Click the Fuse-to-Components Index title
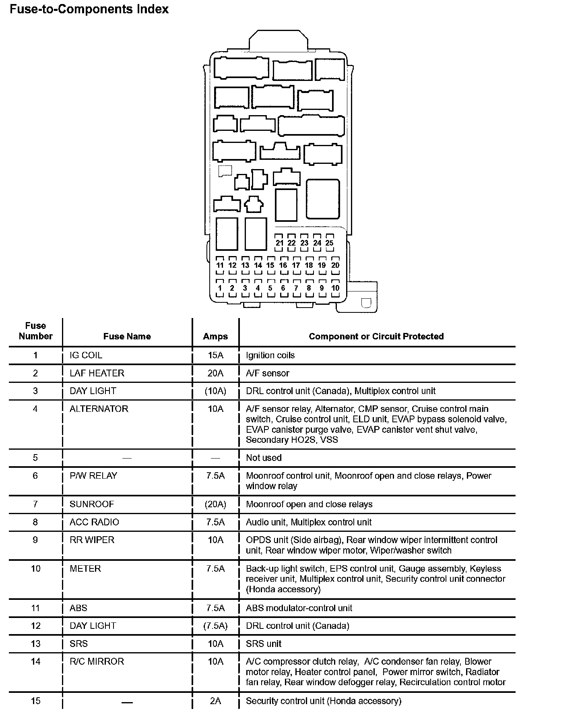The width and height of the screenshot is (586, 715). tap(89, 9)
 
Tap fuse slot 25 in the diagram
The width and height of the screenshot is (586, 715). tap(329, 243)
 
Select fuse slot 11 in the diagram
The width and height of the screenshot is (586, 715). tap(220, 265)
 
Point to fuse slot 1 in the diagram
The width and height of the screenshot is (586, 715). tap(220, 288)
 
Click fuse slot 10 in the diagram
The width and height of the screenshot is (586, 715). tap(335, 288)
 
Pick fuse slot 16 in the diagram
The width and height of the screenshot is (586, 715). tap(283, 265)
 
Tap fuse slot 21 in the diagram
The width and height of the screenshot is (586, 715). tap(280, 243)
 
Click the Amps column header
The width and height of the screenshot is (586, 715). tap(215, 337)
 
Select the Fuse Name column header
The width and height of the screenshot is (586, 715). tap(127, 337)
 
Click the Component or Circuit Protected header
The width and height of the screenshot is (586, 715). tap(376, 337)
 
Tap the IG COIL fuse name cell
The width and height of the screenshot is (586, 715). tap(86, 355)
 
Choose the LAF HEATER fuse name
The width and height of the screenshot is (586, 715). tap(97, 373)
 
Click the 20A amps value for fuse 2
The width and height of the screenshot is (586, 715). tap(215, 373)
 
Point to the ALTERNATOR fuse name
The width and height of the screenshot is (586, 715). tap(99, 409)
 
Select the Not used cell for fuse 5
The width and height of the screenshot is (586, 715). tap(264, 458)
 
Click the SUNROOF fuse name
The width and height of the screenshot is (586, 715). tap(92, 504)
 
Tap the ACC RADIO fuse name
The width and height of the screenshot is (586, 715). tap(94, 522)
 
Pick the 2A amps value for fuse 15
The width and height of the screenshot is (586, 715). tap(215, 701)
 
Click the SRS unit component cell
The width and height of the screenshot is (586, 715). tap(264, 644)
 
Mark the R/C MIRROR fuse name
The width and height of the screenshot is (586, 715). tap(97, 661)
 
